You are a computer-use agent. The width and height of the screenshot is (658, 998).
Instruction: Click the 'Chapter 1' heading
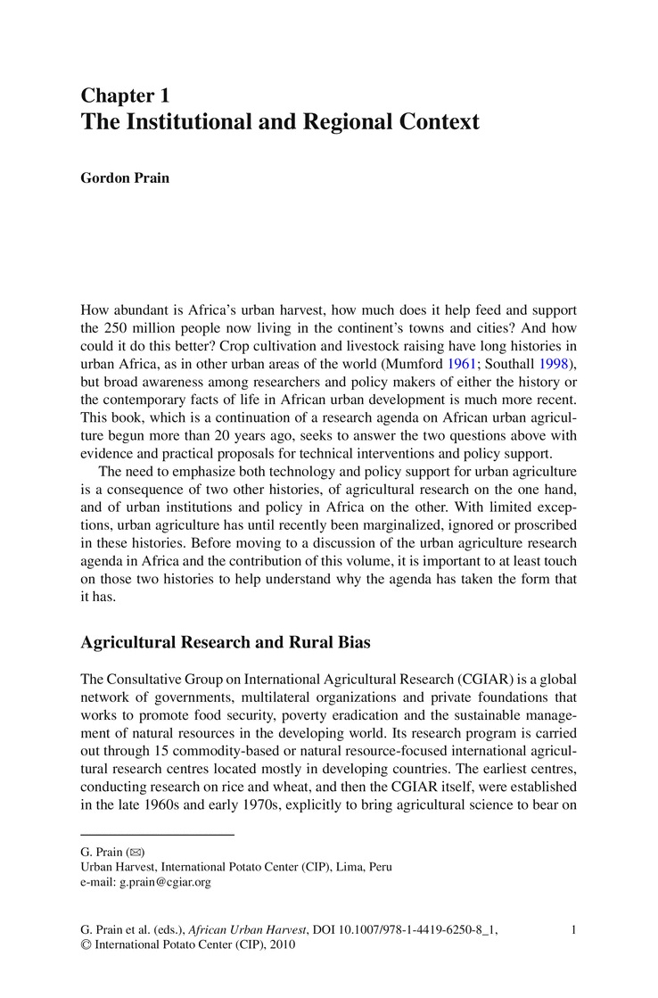[x=125, y=95]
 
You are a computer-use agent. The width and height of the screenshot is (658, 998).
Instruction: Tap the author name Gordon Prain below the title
[x=125, y=178]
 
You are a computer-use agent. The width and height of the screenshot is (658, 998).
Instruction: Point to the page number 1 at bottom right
[x=573, y=930]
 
